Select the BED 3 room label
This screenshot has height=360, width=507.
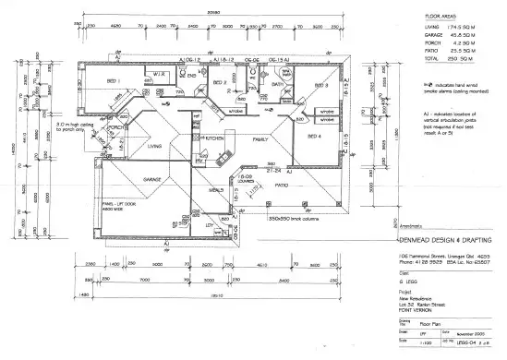(x=320, y=86)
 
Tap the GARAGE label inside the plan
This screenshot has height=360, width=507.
(x=151, y=180)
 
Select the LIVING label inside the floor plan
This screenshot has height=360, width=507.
(x=154, y=146)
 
